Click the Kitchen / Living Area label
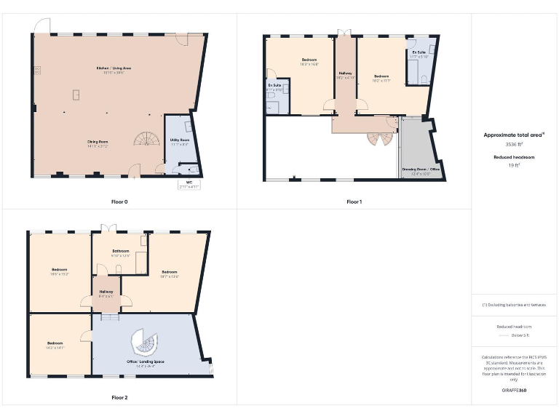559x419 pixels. pos(114,68)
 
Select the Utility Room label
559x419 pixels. pos(180,140)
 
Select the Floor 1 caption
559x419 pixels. pos(354,201)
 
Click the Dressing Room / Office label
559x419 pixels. pos(421,169)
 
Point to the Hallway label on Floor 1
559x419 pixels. pos(345,73)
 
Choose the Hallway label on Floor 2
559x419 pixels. pos(106,292)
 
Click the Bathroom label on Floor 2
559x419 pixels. pos(120,250)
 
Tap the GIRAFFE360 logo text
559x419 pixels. pos(514,391)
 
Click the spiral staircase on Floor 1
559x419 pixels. pos(378,136)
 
